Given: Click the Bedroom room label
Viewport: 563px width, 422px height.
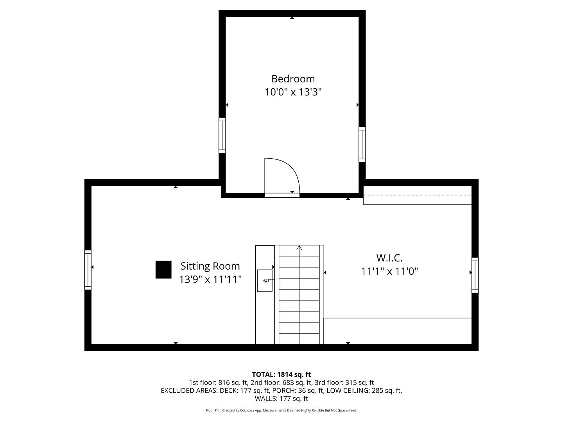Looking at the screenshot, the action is [x=293, y=79].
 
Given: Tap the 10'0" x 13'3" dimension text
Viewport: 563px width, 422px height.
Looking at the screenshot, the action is [x=293, y=92].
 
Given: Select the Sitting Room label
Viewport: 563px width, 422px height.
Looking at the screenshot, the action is [x=210, y=266].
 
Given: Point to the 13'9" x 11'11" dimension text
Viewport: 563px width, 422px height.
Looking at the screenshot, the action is [x=210, y=279].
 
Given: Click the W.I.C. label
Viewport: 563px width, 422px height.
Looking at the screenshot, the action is [x=389, y=258].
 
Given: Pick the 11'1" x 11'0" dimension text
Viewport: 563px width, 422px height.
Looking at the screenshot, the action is [x=389, y=271].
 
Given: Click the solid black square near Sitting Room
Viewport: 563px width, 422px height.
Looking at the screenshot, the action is [x=163, y=270].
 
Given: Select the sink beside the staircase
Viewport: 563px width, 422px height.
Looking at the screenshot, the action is [x=265, y=281].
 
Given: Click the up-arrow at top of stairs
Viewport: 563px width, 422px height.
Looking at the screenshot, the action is [x=299, y=248].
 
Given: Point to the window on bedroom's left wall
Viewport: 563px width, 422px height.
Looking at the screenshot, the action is [x=222, y=135].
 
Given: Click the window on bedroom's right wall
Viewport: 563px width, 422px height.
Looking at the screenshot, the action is [x=362, y=145].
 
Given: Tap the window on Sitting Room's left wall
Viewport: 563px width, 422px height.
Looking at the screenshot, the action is [x=88, y=270].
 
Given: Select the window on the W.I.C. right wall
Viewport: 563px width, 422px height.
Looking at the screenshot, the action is [x=475, y=275].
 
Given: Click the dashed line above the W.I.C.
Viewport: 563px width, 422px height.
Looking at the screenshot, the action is [x=417, y=195].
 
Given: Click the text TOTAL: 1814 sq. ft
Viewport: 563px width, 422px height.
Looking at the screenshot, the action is [x=281, y=375].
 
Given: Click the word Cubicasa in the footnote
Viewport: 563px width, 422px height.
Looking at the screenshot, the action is [x=247, y=410].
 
